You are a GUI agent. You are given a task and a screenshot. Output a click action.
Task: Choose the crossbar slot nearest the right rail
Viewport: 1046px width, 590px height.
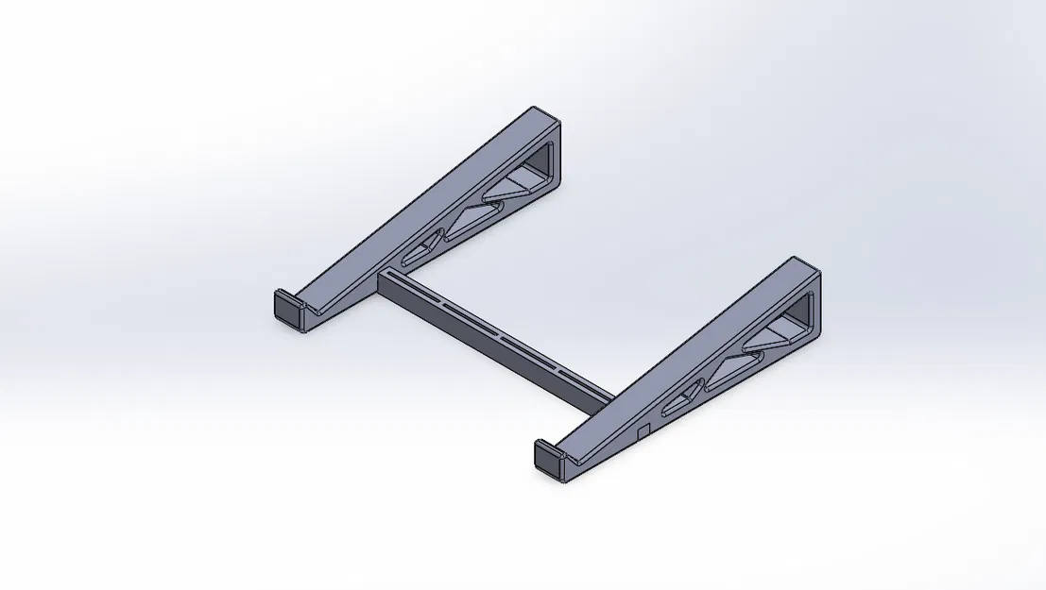click(x=576, y=376)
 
